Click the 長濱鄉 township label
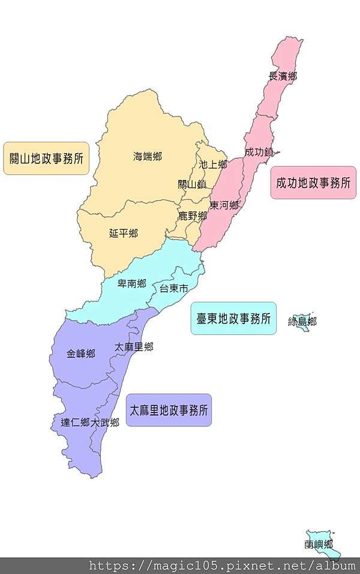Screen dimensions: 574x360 [283, 76]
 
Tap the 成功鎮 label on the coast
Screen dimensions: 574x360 [259, 152]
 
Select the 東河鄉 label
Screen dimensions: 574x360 [224, 205]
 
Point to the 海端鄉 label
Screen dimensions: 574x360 [147, 157]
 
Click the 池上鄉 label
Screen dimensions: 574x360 [213, 164]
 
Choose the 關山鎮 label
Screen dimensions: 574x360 [192, 184]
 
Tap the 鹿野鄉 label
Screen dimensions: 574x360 [193, 216]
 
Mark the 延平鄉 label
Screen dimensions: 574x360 [123, 233]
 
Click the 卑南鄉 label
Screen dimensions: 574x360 [131, 284]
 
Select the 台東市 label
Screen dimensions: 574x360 [173, 289]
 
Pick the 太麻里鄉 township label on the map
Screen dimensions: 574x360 [134, 347]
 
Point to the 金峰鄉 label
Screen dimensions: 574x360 [81, 354]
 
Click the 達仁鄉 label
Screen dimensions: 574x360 [75, 422]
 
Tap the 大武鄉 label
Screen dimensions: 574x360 [105, 422]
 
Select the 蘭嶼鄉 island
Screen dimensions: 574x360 [319, 545]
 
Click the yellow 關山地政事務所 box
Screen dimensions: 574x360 [46, 159]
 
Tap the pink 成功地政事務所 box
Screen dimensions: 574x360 [313, 183]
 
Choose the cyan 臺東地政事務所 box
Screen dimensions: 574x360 [233, 318]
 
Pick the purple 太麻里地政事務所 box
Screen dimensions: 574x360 [169, 411]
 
